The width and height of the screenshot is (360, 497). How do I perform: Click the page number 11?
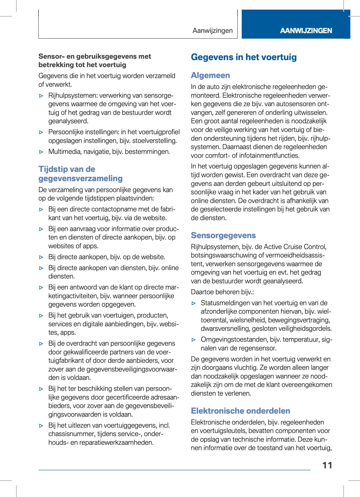tap(327, 465)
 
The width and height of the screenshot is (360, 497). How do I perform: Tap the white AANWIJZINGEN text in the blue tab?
tap(306, 31)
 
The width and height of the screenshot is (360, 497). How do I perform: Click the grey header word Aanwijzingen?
tap(213, 31)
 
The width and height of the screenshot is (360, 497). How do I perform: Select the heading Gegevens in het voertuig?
tap(244, 57)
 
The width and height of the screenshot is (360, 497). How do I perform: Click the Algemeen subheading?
tap(210, 75)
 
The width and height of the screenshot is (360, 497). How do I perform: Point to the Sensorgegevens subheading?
tap(223, 235)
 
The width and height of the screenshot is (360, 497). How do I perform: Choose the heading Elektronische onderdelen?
tap(240, 411)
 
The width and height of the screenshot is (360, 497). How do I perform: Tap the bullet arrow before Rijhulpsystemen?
tap(41, 96)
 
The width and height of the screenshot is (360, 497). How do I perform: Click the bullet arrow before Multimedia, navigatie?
tap(41, 152)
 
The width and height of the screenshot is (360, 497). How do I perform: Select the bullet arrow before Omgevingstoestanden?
tap(193, 340)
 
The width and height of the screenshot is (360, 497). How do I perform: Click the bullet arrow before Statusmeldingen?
tap(193, 303)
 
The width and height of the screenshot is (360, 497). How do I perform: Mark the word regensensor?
tap(259, 348)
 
